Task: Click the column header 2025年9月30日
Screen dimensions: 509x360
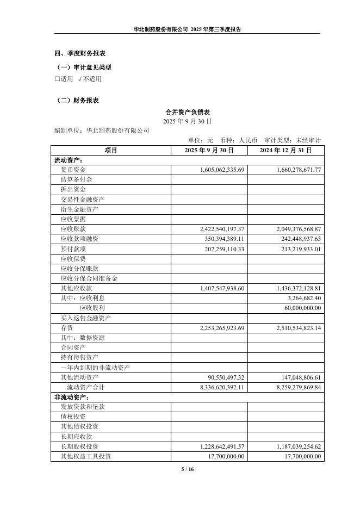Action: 209,150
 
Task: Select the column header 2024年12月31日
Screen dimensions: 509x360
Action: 285,150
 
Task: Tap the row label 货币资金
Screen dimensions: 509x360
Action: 73,170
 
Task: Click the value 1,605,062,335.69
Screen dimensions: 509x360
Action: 218,170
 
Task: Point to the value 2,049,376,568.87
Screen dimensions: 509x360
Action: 294,229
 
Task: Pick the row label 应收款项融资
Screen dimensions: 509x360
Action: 79,239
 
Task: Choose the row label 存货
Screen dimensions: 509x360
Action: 66,328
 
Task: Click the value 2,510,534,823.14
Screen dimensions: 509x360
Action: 294,328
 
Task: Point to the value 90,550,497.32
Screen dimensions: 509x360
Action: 223,377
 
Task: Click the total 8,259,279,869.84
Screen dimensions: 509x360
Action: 294,387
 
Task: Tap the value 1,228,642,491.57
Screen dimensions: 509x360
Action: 218,446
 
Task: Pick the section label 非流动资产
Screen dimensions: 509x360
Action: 68,397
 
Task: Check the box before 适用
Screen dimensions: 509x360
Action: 57,79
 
